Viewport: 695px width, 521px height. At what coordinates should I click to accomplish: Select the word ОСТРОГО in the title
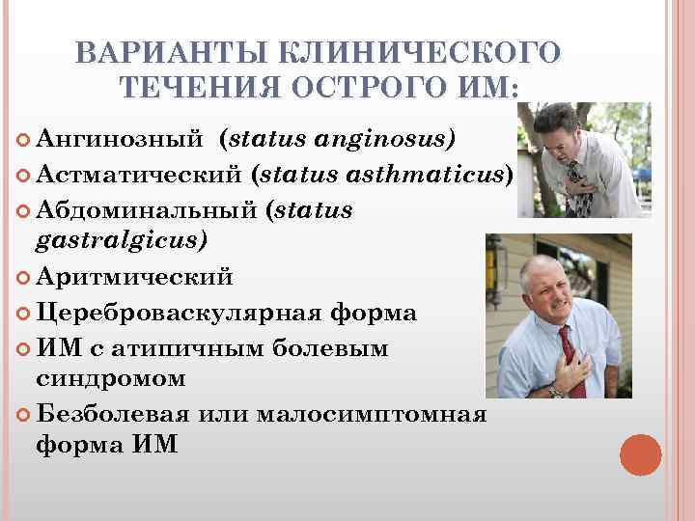pyautogui.click(x=379, y=88)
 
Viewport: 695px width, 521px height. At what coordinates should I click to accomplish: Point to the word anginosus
pyautogui.click(x=385, y=140)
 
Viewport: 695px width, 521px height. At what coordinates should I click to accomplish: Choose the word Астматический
pyautogui.click(x=139, y=175)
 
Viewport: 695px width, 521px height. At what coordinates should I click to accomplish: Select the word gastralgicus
pyautogui.click(x=122, y=241)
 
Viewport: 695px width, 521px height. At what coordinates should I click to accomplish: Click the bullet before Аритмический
pyautogui.click(x=23, y=279)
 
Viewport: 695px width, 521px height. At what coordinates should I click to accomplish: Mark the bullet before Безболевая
pyautogui.click(x=23, y=415)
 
